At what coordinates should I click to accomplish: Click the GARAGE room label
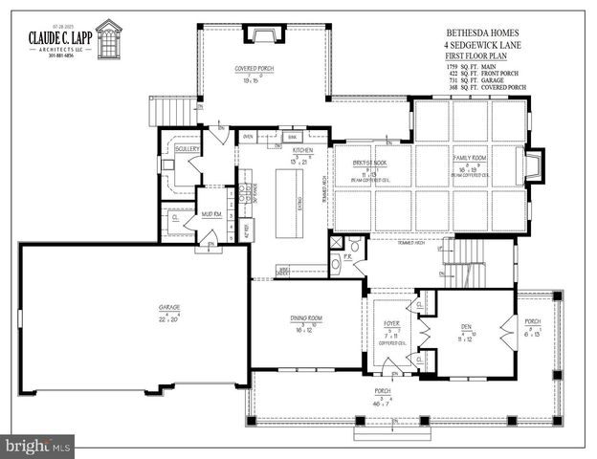pos(169,307)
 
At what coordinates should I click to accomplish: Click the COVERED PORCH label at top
pos(255,70)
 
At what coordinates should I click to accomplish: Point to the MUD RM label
pos(211,214)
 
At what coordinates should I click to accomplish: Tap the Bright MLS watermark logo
pos(38,446)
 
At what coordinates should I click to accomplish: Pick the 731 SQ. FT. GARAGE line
pos(485,80)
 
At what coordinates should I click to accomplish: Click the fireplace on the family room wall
pos(534,164)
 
